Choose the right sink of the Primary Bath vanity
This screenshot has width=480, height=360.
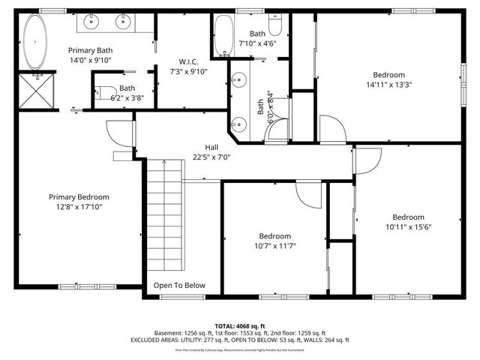point(123,22)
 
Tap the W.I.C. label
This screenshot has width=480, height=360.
point(188,61)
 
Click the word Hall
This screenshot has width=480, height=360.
point(212,147)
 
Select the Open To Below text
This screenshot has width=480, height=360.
point(179,285)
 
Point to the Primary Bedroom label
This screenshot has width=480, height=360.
point(79,197)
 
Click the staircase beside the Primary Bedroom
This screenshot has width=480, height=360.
point(163,217)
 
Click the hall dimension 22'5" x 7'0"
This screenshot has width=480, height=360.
point(212,157)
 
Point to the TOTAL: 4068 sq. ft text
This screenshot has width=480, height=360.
point(241,326)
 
